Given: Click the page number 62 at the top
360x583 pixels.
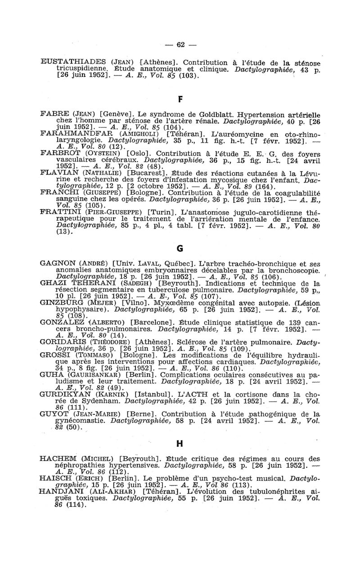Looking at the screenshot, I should pos(180,45).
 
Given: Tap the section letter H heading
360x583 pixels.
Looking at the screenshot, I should pos(180,443).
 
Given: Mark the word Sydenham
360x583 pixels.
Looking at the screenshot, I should pos(103,403).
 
